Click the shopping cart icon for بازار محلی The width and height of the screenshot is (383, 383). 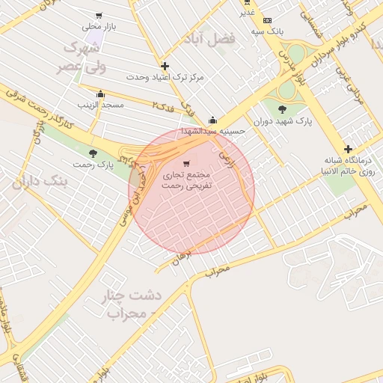tap(99, 16)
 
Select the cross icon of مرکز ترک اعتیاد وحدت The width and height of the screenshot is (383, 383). tap(165, 66)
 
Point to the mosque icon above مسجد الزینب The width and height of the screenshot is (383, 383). tap(100, 94)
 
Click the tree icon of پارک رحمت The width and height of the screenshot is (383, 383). tap(93, 153)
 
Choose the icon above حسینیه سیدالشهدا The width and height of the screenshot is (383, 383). tap(213, 120)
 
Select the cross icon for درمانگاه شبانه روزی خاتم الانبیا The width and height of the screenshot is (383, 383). tap(348, 149)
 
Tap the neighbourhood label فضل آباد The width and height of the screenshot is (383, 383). tap(212, 37)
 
